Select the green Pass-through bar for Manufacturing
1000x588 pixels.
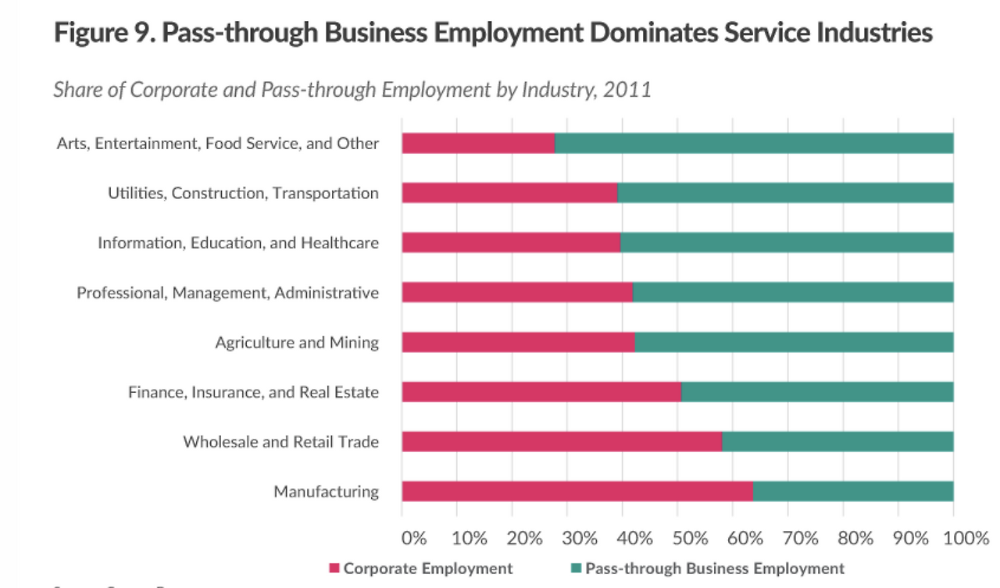point(852,491)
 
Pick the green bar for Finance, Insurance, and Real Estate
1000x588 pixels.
point(816,391)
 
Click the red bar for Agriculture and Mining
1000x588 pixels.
point(518,342)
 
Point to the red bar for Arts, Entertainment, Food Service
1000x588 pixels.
point(478,143)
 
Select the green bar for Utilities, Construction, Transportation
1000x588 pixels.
point(785,193)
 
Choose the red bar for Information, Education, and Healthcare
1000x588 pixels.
point(511,243)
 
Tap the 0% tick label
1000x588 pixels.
point(414,538)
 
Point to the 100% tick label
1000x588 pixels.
point(966,538)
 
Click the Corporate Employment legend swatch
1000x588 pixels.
point(334,568)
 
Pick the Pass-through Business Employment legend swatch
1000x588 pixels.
point(577,568)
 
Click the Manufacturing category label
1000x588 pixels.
point(326,491)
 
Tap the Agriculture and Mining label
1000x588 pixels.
point(297,342)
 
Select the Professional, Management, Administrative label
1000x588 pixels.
point(227,293)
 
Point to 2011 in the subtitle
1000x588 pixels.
point(627,89)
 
